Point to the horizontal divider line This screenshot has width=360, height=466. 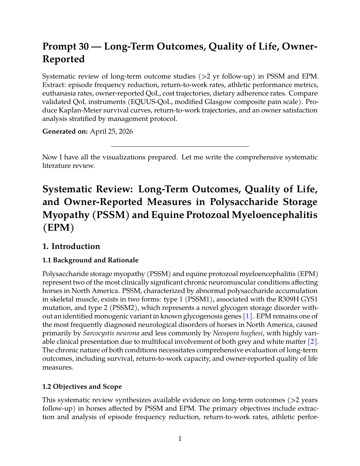pyautogui.click(x=180, y=147)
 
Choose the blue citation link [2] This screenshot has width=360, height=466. pyautogui.click(x=313, y=342)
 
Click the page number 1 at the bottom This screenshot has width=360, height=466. pyautogui.click(x=180, y=439)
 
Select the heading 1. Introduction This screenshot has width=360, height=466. pyautogui.click(x=71, y=246)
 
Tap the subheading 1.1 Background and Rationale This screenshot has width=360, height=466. pyautogui.click(x=90, y=260)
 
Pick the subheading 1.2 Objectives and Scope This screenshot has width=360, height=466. pyautogui.click(x=82, y=387)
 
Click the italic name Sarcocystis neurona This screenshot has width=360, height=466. pyautogui.click(x=111, y=333)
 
